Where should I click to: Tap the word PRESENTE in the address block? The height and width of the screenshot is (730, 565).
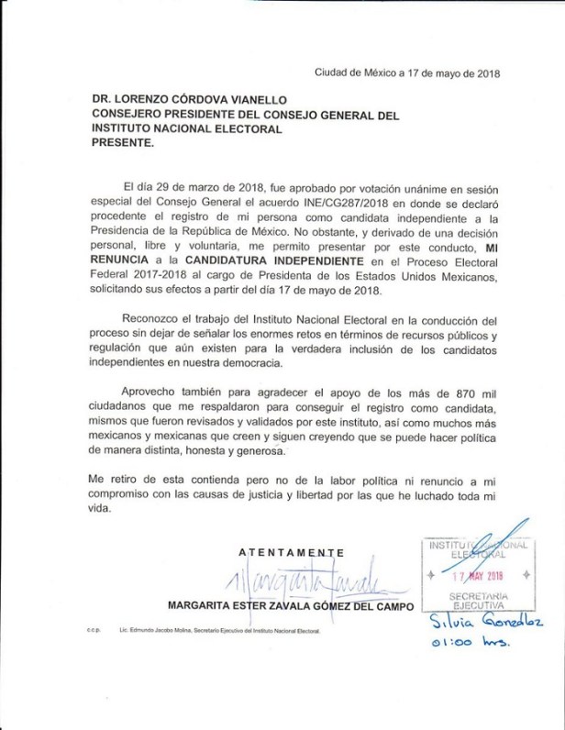(123, 144)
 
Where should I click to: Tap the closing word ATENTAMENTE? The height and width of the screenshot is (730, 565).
(291, 552)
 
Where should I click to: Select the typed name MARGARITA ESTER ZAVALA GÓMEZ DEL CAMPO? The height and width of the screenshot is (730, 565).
(291, 606)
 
